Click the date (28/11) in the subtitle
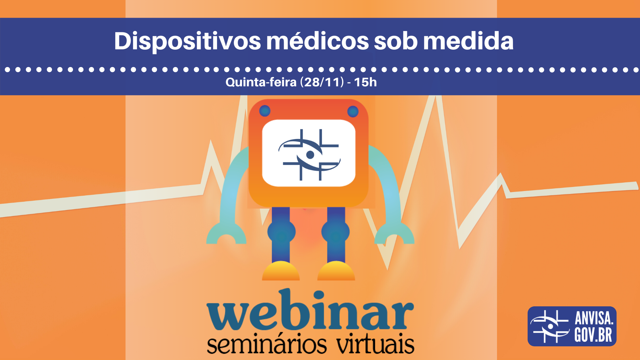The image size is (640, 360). [322, 82]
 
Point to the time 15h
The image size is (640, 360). [365, 82]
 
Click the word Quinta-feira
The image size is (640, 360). [261, 82]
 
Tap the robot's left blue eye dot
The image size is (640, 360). [265, 111]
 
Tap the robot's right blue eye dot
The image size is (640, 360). [353, 111]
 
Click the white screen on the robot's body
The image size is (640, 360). [309, 153]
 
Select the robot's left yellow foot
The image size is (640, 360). [281, 271]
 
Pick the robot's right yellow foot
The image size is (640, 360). [336, 271]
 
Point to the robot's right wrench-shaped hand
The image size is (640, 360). [394, 233]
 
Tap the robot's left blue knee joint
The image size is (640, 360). [281, 232]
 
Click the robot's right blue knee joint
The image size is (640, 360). [336, 232]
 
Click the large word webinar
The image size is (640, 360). [310, 310]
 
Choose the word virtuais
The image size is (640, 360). [375, 343]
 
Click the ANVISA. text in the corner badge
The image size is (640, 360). [594, 318]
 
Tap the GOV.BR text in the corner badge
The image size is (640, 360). [593, 335]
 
